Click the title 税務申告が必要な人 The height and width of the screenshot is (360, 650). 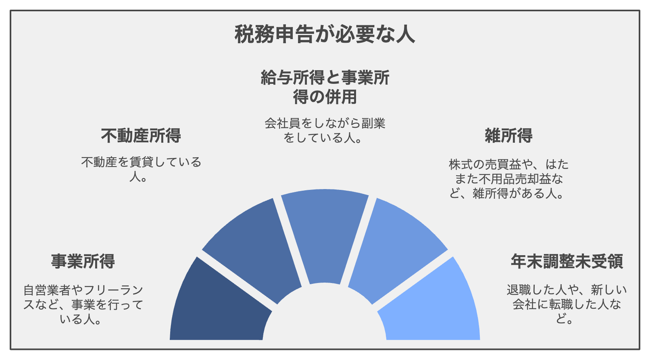tap(325, 34)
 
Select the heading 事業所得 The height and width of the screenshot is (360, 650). tap(83, 261)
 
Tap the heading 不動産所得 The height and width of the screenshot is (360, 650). tap(141, 135)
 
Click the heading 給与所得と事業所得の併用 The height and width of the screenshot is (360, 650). tap(325, 87)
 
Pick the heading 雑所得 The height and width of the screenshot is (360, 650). tap(509, 135)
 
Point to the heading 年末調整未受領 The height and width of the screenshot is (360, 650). tap(567, 261)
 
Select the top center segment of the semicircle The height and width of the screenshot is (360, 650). tap(325, 232)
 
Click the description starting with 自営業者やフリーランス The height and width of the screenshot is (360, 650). tap(83, 305)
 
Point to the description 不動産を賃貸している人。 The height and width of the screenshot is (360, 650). tap(141, 169)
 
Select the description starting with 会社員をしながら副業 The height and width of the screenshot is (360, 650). tap(325, 131)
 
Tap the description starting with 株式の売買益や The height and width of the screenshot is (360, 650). tap(508, 179)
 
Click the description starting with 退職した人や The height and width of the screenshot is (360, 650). tap(567, 304)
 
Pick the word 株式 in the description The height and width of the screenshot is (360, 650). tap(460, 164)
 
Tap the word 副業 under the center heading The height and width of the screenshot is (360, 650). tap(373, 123)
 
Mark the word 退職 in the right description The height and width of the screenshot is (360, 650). tap(519, 290)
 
